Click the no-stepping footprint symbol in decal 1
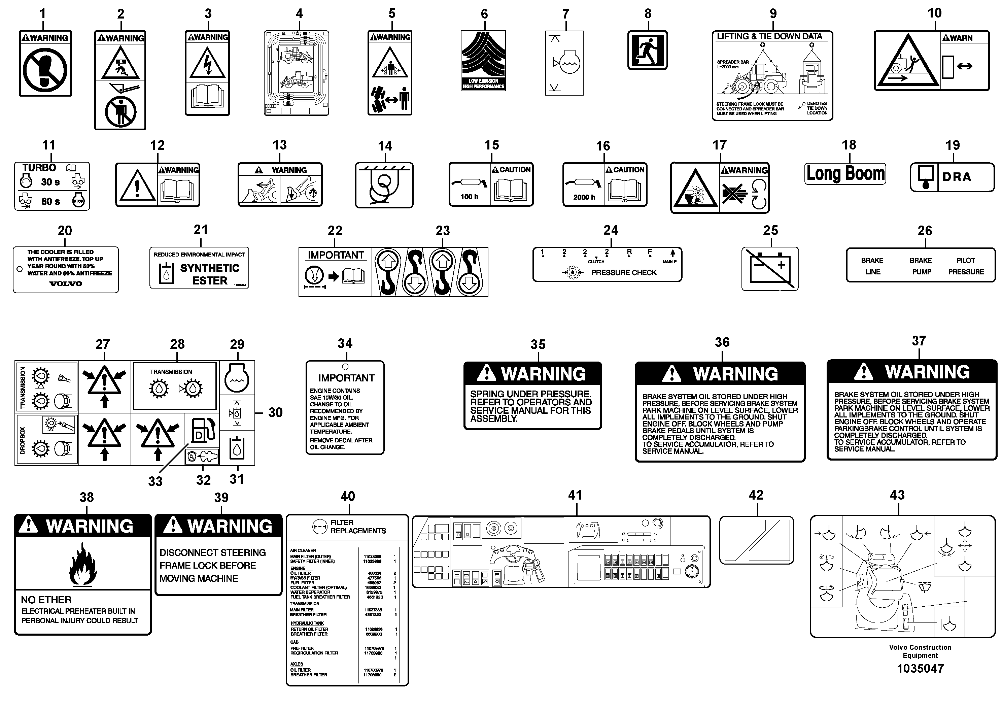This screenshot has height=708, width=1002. pos(45,70)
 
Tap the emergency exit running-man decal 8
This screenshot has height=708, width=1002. pos(647,50)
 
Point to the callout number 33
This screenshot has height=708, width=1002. pos(155,481)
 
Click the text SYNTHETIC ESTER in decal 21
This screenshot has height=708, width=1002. pos(210,274)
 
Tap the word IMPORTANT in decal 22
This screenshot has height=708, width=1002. pos(336,255)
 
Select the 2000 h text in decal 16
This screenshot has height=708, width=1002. pos(584,197)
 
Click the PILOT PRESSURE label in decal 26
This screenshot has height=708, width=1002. pos(966,266)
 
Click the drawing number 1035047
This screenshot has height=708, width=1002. pos(920,669)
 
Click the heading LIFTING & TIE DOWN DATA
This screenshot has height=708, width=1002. pos(769,37)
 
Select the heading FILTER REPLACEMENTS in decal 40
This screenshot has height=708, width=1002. pos(358,527)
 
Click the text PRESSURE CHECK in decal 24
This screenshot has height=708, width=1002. pos(624,273)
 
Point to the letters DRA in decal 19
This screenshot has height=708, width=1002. pos(957,177)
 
